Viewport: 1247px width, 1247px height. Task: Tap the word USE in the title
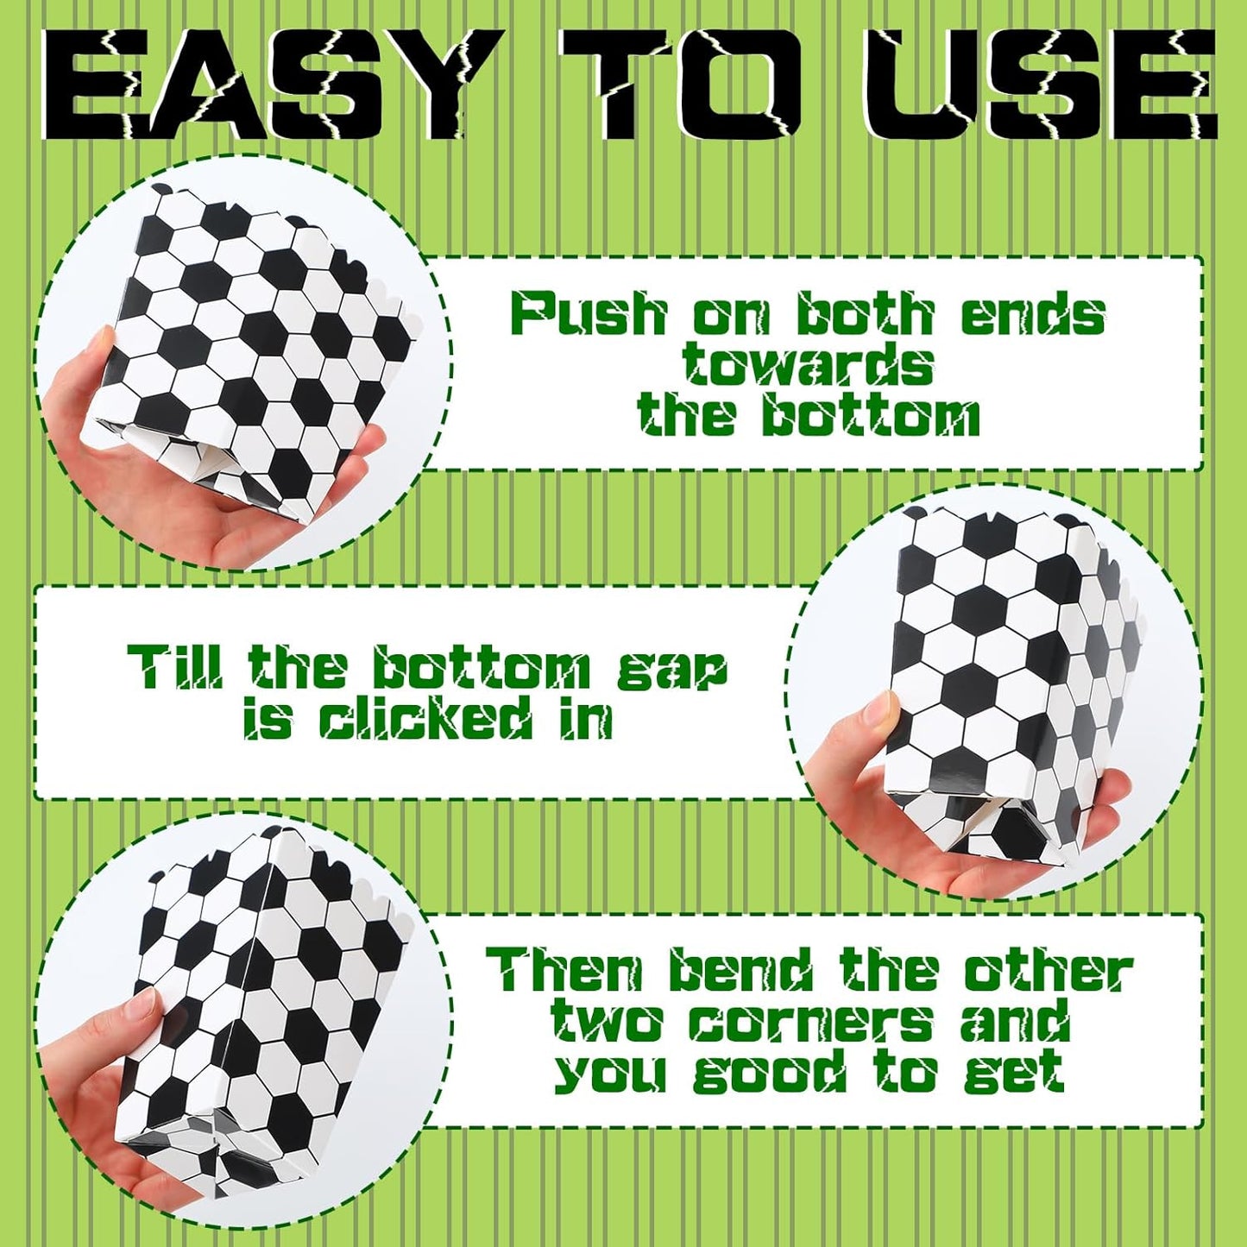point(1020,83)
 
